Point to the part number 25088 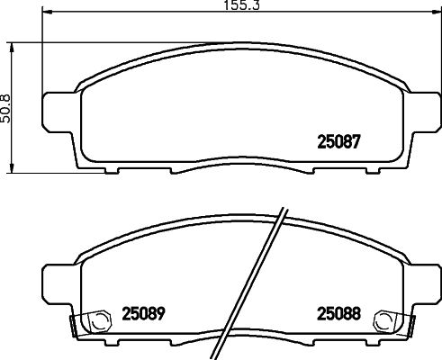[338, 315]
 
